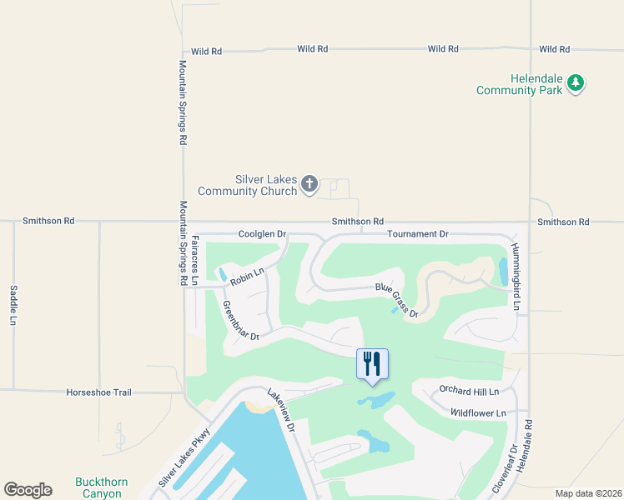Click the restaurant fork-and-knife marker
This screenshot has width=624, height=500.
coord(372,364)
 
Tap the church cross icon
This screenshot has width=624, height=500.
coord(309,183)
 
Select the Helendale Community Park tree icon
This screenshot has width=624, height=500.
coord(575,82)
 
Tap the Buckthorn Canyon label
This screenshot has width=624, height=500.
coord(98,487)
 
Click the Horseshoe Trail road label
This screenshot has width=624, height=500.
coord(98,392)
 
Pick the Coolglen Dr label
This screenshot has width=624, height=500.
coord(262,235)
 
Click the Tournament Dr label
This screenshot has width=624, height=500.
coord(418,235)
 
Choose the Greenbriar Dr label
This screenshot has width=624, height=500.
coord(241,321)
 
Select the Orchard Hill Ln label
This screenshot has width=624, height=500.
coord(469,391)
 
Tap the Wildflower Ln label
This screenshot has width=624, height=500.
coord(478,412)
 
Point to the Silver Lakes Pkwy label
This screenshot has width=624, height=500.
coord(186,457)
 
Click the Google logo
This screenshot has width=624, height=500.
coord(28,490)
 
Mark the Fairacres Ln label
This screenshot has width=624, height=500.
coord(194,261)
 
